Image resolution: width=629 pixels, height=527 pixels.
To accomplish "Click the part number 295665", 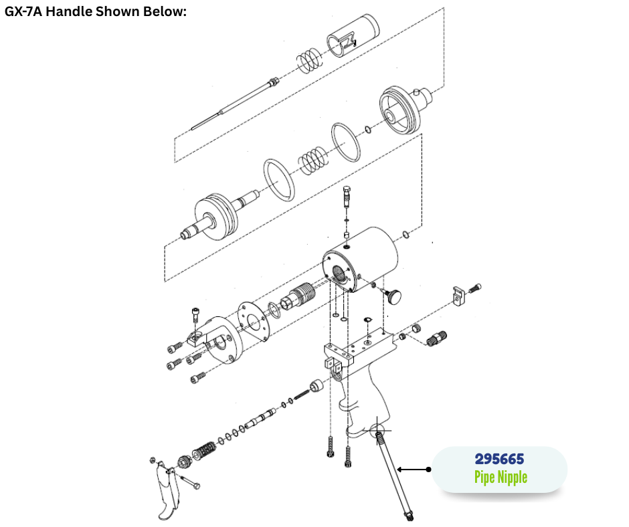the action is point(499,459).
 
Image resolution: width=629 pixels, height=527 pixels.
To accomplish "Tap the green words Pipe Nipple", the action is point(501,478).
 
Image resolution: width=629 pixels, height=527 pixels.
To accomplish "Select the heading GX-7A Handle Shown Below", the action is point(96,11).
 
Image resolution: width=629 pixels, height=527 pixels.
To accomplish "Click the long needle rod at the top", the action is point(235,103).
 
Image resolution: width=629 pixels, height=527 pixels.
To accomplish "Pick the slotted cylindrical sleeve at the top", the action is point(353,35).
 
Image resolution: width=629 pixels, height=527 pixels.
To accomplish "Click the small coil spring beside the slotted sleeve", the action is point(309,61).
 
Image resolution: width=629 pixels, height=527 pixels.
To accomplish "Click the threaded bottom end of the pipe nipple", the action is point(408,514).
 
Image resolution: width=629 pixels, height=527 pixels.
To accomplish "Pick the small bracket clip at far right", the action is point(459,295).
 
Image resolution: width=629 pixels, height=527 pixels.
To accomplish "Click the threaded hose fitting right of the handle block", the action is point(436,339).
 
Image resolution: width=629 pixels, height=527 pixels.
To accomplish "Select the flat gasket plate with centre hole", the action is point(253,322).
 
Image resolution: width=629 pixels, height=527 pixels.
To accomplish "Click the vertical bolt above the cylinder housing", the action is point(347,197).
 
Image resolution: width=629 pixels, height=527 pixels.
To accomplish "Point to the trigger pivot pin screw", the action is point(190,482).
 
